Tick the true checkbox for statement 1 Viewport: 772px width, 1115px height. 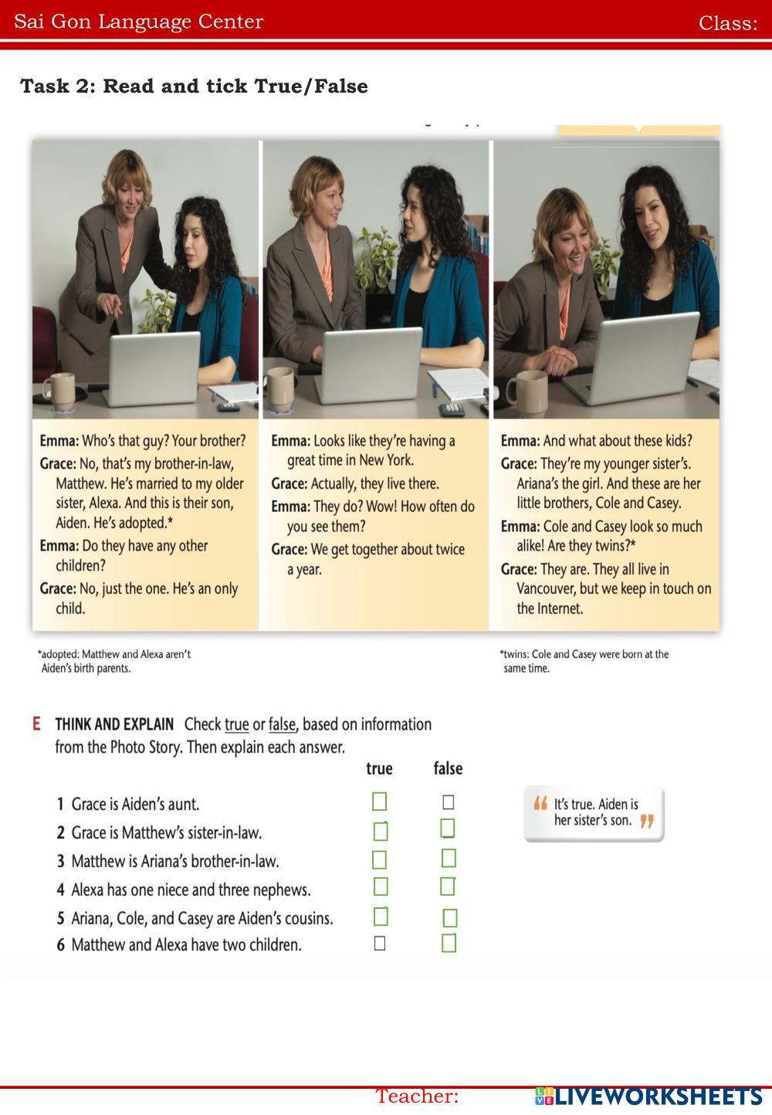click(x=379, y=802)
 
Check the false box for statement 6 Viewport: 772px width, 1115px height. click(x=449, y=944)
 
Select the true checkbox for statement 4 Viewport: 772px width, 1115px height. click(x=381, y=886)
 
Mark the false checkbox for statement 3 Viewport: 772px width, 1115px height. click(x=449, y=858)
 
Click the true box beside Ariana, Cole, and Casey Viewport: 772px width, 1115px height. click(x=381, y=917)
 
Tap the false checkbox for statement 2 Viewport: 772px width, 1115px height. click(x=448, y=829)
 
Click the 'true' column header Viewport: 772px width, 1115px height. click(x=379, y=768)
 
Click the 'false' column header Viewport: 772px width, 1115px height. click(x=448, y=768)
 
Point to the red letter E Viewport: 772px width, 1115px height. click(x=36, y=724)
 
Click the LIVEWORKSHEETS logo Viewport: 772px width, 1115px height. click(x=649, y=1096)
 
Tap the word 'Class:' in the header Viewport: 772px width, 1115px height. click(x=728, y=23)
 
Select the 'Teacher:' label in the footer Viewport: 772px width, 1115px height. click(x=417, y=1096)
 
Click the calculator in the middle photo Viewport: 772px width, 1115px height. click(x=452, y=409)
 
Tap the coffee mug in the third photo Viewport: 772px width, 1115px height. click(x=527, y=393)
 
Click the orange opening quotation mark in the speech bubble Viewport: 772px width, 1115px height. click(x=540, y=803)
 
